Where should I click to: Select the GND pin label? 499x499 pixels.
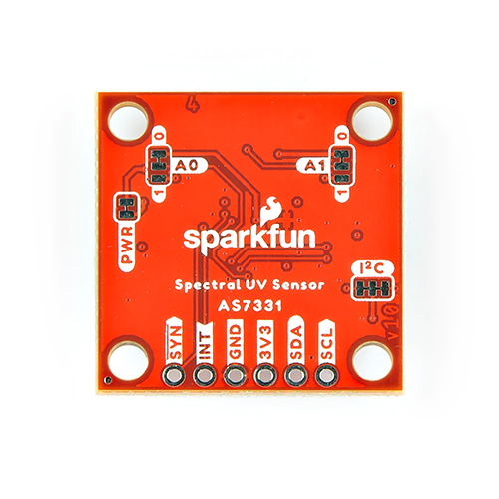pos(235,342)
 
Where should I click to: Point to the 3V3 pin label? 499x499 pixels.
pos(265,342)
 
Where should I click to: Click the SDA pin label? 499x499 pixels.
pos(296,342)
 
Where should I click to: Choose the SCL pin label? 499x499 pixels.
pos(326,342)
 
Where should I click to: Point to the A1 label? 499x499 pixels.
pos(314,166)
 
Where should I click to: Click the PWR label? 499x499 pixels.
pos(128,246)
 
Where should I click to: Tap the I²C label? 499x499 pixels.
pos(372,268)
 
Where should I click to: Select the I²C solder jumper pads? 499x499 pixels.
pos(372,288)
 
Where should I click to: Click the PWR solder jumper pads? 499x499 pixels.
pos(127,207)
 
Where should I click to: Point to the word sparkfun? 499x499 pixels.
pos(249,238)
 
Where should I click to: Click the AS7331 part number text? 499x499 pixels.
pos(249,306)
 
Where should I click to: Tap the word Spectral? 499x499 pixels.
pos(207,286)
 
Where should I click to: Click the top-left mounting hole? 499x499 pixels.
pos(129,121)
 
